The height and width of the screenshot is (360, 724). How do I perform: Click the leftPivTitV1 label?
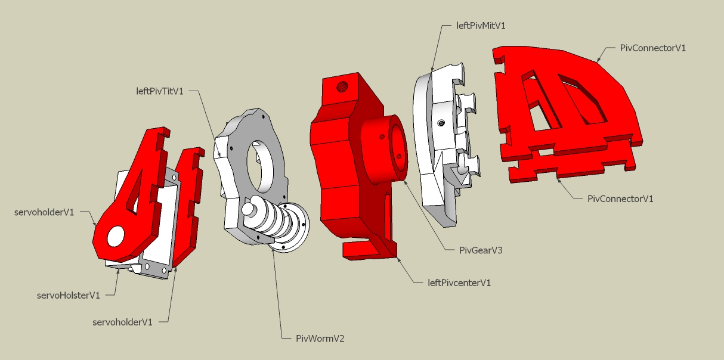coord(159,91)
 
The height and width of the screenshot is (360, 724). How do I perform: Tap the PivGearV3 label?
coord(481,250)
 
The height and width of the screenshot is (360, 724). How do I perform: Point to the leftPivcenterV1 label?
coord(459,283)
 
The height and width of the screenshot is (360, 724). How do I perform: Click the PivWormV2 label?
coord(320,339)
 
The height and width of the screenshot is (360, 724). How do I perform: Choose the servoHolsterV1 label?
coord(68,294)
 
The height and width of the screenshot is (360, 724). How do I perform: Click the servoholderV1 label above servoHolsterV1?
coord(45,212)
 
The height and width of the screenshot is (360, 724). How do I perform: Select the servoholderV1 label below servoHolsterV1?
coord(123,322)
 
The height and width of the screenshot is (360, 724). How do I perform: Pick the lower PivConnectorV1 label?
coord(620,198)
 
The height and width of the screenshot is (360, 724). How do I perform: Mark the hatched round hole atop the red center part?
coord(342,87)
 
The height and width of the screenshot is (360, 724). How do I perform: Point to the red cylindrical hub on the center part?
coord(385,149)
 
